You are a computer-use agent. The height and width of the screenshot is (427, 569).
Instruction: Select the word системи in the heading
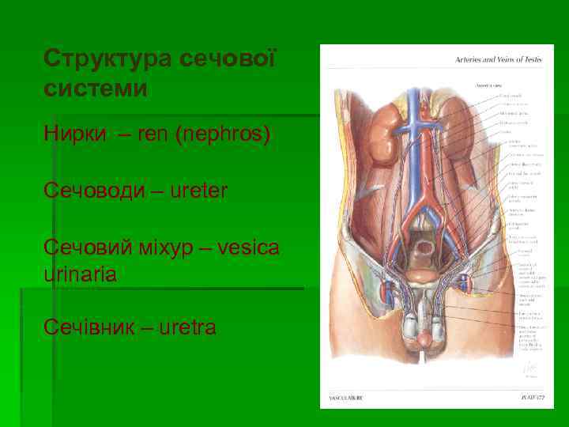(96, 87)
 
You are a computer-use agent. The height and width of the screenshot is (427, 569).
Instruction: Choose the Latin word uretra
(189, 327)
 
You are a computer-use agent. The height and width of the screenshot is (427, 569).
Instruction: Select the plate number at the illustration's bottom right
(532, 396)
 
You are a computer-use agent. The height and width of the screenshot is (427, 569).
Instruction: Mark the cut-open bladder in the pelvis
(424, 255)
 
